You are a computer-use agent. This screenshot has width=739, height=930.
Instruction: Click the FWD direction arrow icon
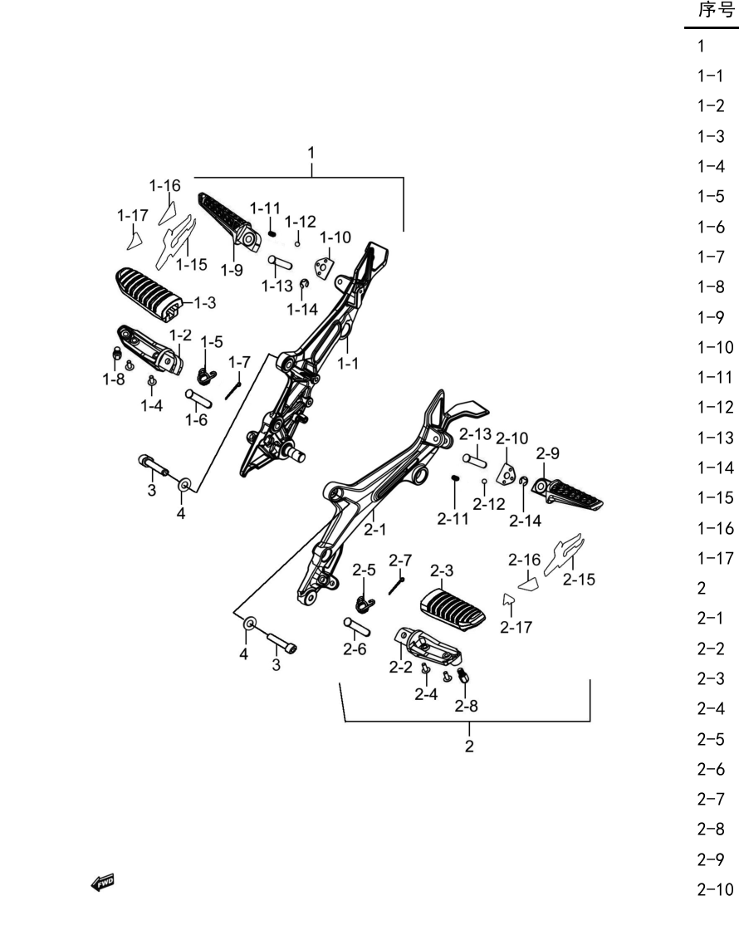point(103,883)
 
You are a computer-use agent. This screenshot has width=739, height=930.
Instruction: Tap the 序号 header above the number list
point(716,10)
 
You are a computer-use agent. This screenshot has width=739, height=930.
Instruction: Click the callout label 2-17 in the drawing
point(516,627)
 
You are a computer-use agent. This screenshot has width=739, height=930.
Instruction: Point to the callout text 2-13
point(475,434)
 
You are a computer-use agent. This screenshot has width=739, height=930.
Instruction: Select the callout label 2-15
point(579,580)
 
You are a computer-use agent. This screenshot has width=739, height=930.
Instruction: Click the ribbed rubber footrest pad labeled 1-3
point(149,294)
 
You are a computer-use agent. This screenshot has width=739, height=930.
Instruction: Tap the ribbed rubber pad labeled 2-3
point(453,609)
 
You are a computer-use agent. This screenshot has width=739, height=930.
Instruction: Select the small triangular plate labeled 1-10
point(323,268)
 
